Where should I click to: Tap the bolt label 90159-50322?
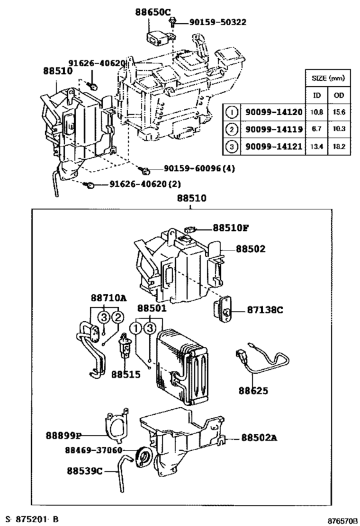[218, 22]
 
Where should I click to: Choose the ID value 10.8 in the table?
[317, 112]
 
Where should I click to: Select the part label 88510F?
[231, 227]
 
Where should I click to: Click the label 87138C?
[265, 310]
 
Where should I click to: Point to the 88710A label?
[108, 298]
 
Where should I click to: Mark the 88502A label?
[260, 437]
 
